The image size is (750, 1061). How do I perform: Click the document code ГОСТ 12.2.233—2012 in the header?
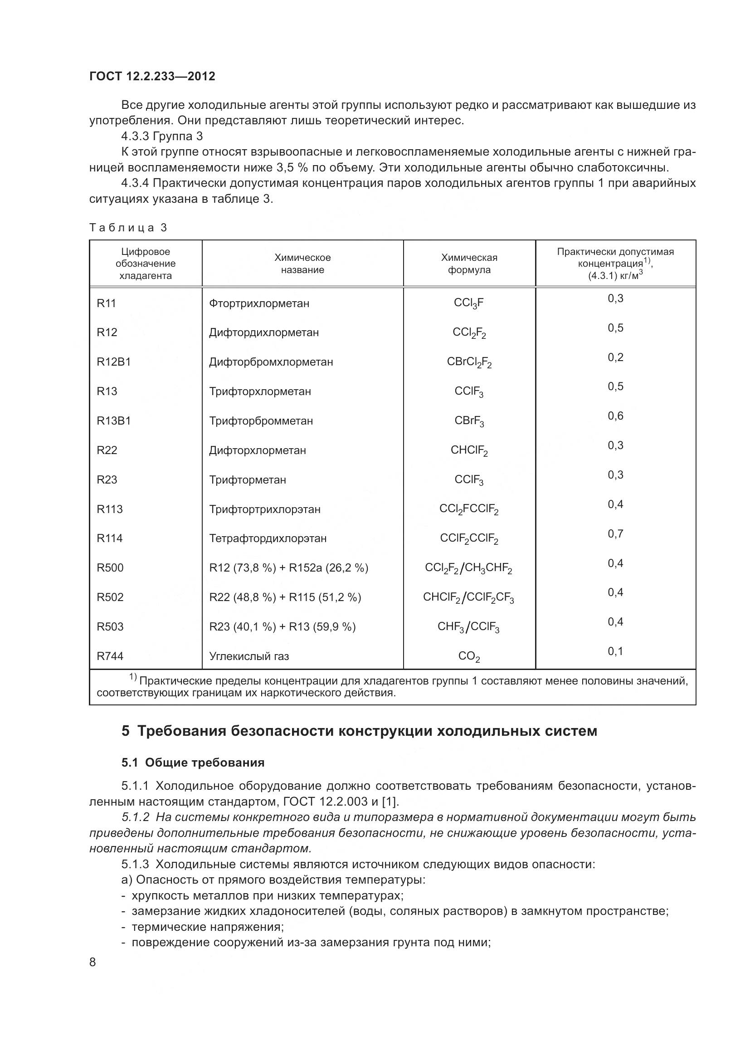(152, 76)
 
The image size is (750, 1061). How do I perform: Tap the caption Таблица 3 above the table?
(128, 227)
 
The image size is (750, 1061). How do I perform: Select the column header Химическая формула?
(469, 264)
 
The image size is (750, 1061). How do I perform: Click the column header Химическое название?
(302, 264)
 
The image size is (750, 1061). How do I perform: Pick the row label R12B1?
(114, 362)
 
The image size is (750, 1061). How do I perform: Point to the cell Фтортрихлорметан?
(259, 303)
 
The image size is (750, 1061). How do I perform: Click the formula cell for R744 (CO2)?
(469, 656)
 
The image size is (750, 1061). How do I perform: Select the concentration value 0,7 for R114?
(615, 534)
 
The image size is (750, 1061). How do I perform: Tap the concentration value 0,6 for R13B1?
(615, 416)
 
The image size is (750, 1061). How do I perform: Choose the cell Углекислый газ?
(249, 656)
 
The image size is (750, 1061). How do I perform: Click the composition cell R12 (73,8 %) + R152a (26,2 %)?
(289, 567)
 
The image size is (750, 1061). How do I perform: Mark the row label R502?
(110, 597)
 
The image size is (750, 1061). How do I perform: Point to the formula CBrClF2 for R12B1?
(469, 362)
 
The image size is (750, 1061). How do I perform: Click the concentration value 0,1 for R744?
(615, 651)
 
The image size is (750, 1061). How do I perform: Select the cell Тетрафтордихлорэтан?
(268, 538)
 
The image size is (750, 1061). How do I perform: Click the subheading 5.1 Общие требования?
(193, 763)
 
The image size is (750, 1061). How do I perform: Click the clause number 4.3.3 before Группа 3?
(135, 137)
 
